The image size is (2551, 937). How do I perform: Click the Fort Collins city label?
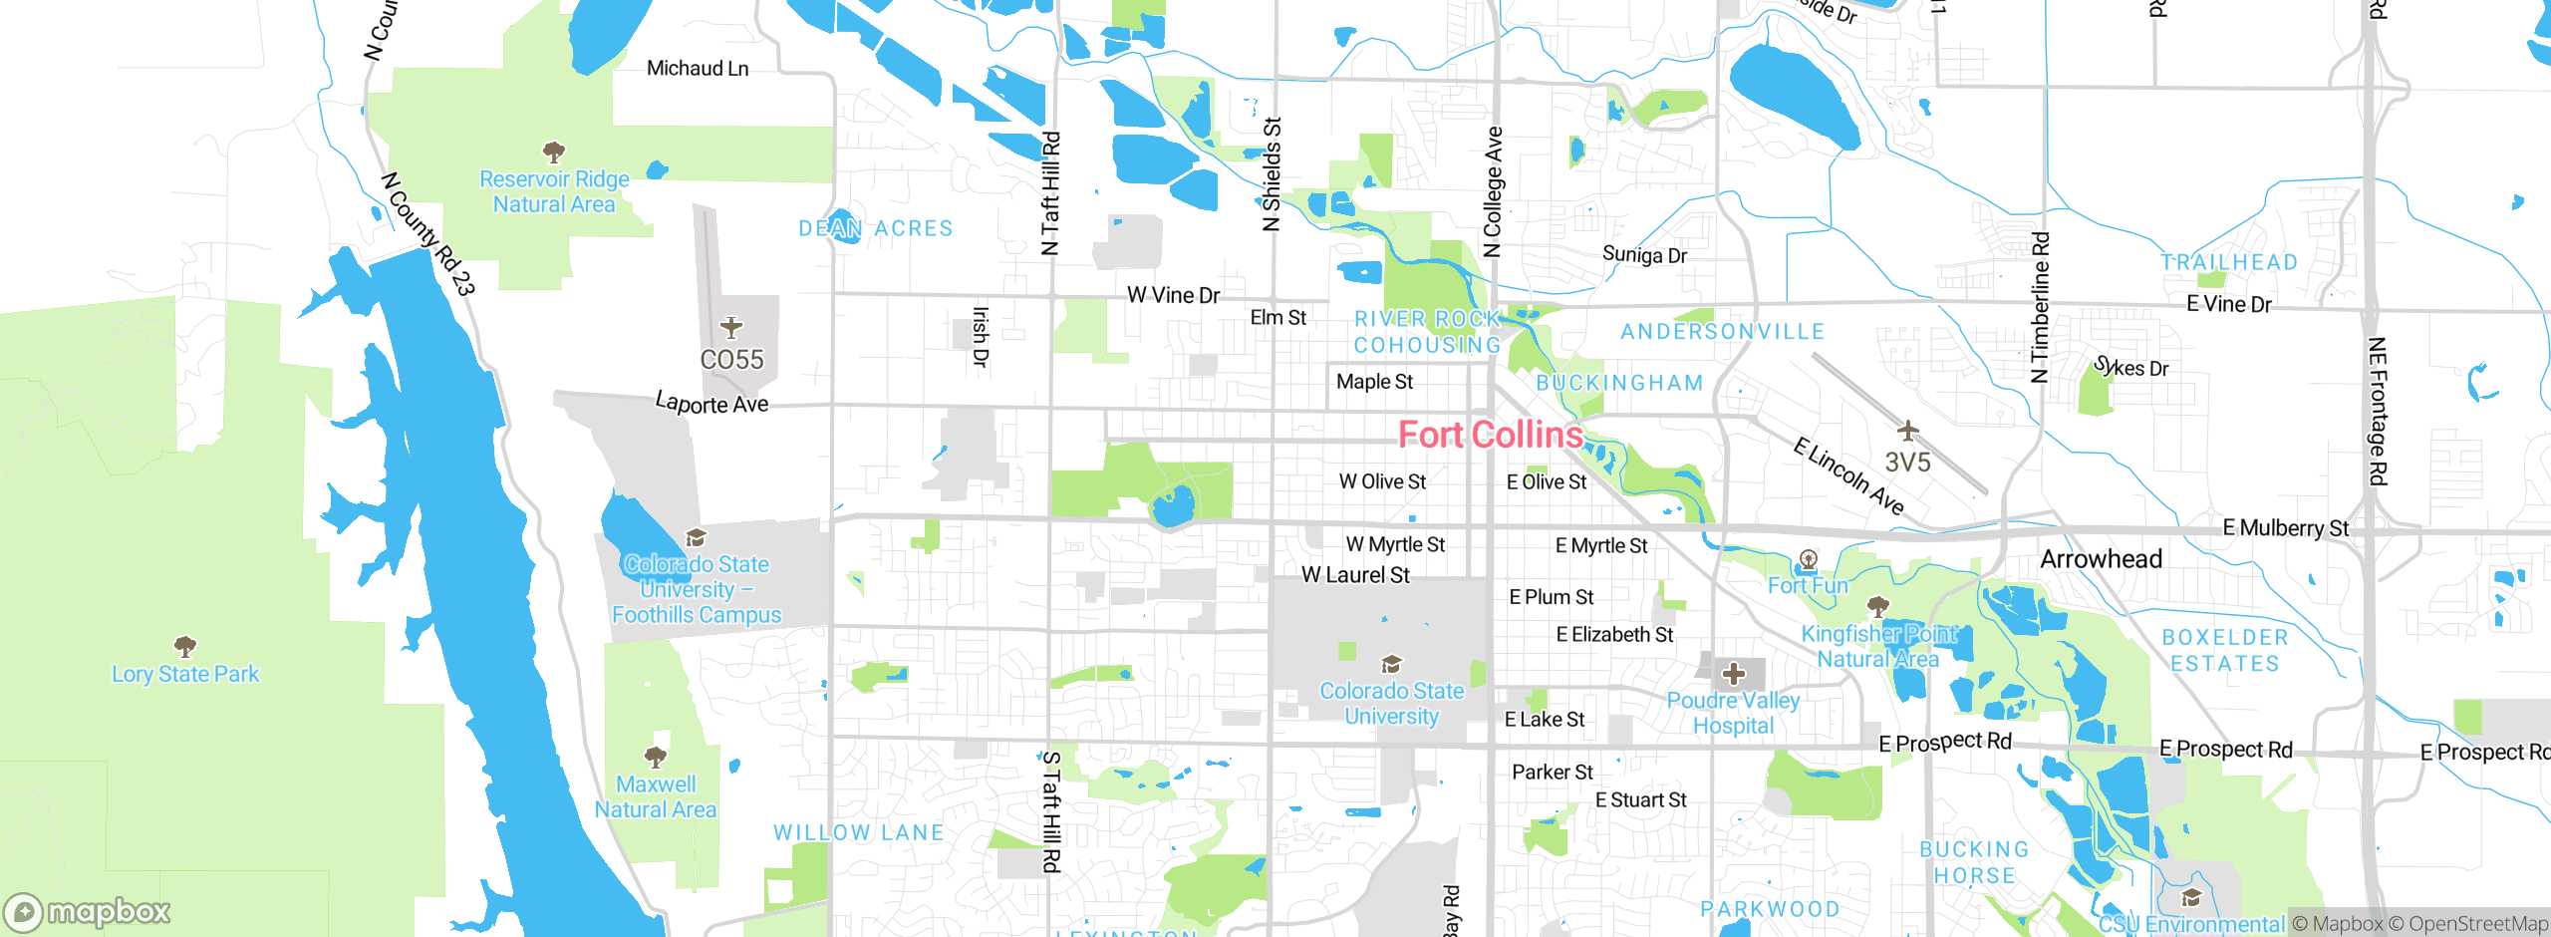1490,435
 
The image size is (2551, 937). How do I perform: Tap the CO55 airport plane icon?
731,327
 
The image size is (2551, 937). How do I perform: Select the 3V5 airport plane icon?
1907,431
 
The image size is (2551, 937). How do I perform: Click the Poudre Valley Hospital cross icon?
1734,674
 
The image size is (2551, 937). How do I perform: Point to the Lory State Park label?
185,674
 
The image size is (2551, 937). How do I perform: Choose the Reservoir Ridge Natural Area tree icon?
554,153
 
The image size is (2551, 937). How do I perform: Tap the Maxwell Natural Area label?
656,797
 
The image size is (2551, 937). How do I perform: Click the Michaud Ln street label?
698,68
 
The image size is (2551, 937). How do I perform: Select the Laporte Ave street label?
711,404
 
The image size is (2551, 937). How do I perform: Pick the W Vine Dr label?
1173,295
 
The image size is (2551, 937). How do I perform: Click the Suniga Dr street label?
1644,255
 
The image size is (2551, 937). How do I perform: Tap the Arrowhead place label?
2101,559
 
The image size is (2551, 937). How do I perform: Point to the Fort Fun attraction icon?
1809,559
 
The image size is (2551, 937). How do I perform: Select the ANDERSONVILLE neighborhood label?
1722,332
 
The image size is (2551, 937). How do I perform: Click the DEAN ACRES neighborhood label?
875,228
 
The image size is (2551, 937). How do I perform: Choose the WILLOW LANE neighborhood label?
858,832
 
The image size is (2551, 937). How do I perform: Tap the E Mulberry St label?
2285,528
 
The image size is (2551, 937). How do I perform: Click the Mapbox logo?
88,912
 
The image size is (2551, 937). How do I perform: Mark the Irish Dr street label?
981,337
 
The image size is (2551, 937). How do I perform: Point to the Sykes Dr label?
2131,367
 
